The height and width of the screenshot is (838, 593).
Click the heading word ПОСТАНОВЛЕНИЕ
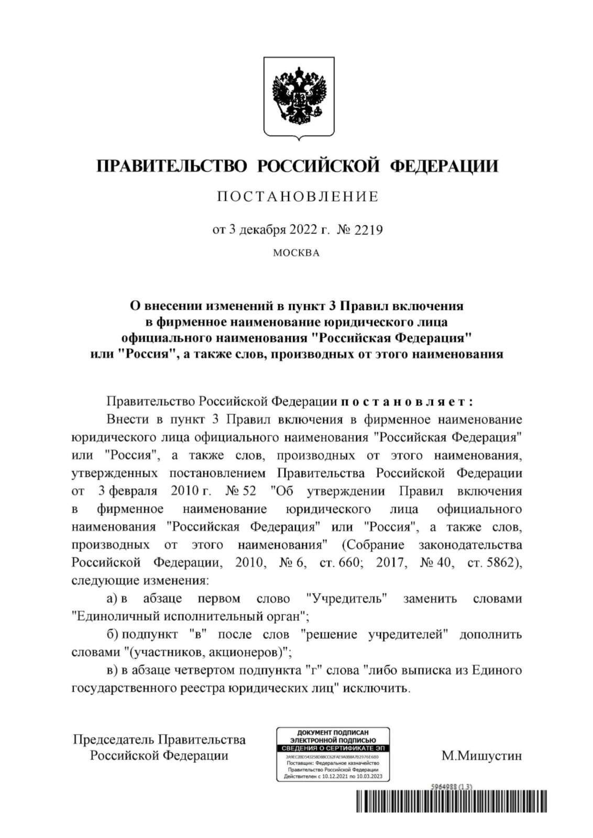click(297, 196)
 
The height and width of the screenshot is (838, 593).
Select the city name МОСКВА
click(296, 253)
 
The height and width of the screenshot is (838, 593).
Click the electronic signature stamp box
click(333, 754)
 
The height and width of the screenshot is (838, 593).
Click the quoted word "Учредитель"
click(346, 599)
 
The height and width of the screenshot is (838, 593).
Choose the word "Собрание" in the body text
click(378, 545)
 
